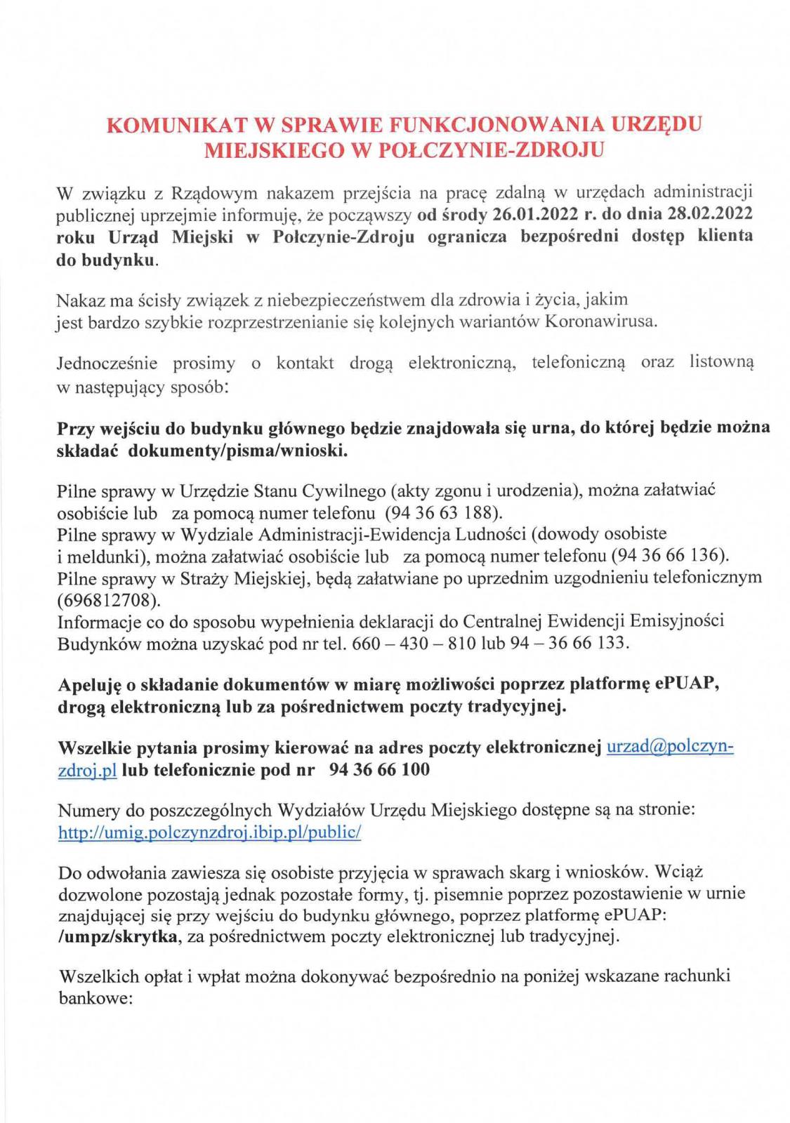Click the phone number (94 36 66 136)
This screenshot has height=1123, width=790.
[671, 556]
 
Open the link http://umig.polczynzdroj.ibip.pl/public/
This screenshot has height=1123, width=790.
[209, 832]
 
